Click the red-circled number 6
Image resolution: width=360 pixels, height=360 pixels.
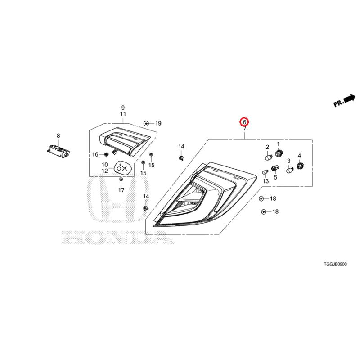pyautogui.click(x=244, y=122)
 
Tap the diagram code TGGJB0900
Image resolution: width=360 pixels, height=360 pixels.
pyautogui.click(x=335, y=264)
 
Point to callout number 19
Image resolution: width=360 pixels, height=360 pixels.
pyautogui.click(x=158, y=123)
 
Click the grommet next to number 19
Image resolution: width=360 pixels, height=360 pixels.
pyautogui.click(x=146, y=124)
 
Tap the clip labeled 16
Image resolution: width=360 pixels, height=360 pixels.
pyautogui.click(x=106, y=154)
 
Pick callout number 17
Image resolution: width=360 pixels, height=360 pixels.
pyautogui.click(x=121, y=190)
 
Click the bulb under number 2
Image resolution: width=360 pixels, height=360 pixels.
pyautogui.click(x=268, y=157)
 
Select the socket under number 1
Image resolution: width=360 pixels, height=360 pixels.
pyautogui.click(x=279, y=152)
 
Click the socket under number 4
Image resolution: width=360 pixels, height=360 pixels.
pyautogui.click(x=300, y=165)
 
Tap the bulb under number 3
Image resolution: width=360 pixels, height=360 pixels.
pyautogui.click(x=290, y=170)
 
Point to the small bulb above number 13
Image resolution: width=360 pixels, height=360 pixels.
pyautogui.click(x=265, y=172)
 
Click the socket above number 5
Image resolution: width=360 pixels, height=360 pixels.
pyautogui.click(x=274, y=168)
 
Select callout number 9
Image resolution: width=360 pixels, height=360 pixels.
pyautogui.click(x=123, y=108)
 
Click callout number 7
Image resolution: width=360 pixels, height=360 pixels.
pyautogui.click(x=244, y=129)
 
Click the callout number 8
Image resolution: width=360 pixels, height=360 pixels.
pyautogui.click(x=58, y=136)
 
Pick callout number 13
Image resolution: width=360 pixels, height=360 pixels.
pyautogui.click(x=265, y=181)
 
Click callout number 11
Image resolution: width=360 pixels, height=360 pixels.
pyautogui.click(x=123, y=114)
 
